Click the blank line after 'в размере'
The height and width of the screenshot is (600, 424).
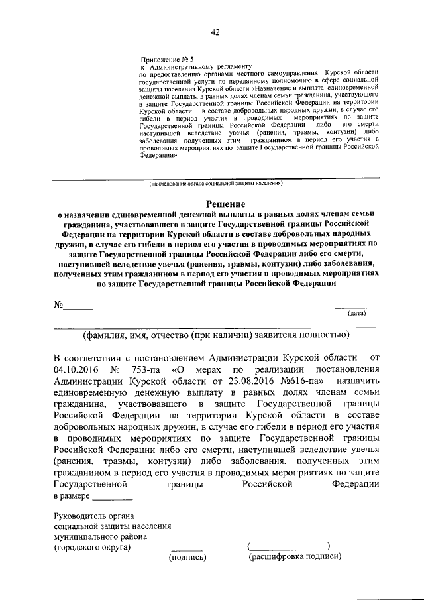pyautogui.click(x=113, y=498)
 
